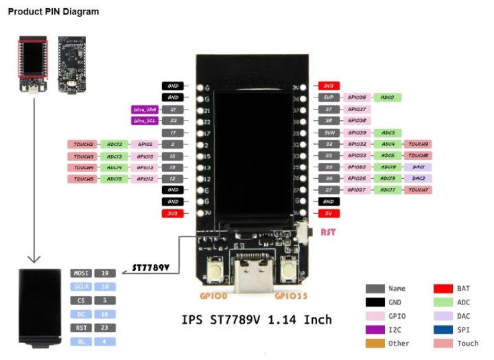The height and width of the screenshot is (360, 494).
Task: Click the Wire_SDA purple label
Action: coord(144,109)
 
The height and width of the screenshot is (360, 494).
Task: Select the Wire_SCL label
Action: coord(144,121)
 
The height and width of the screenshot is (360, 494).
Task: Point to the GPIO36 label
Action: coord(357,97)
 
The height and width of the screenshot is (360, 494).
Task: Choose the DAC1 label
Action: coord(419,167)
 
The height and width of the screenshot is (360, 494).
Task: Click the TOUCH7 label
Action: coord(419,190)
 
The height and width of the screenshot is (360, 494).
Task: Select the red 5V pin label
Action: coord(328,213)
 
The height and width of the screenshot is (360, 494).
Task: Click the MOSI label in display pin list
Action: coord(81,273)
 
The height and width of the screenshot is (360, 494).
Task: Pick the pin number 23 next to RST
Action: coord(105,328)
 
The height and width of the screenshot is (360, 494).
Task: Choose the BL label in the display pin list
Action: coord(81,341)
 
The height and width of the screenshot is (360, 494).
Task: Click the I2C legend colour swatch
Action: coord(375,330)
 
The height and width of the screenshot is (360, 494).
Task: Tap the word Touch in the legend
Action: coord(467,344)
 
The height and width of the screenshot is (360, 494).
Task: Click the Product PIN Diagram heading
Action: coord(54,12)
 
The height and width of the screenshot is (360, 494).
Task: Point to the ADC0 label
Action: coord(388,97)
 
